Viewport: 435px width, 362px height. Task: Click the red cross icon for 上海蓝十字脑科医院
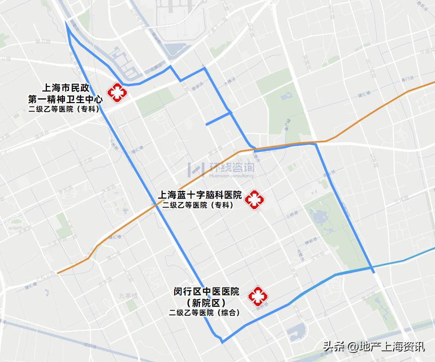[254, 200]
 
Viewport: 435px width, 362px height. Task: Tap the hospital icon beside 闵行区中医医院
[258, 297]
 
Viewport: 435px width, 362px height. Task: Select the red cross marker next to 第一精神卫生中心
[118, 93]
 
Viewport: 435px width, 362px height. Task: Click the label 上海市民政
[67, 87]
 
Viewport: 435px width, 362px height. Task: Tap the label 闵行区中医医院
[206, 292]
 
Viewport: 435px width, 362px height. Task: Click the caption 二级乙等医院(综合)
[204, 313]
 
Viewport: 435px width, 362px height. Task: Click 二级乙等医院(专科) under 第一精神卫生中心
[64, 109]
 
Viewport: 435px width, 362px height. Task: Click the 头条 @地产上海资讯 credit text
[374, 346]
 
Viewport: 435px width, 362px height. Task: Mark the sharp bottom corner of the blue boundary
[222, 342]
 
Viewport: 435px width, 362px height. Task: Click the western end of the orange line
[58, 273]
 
